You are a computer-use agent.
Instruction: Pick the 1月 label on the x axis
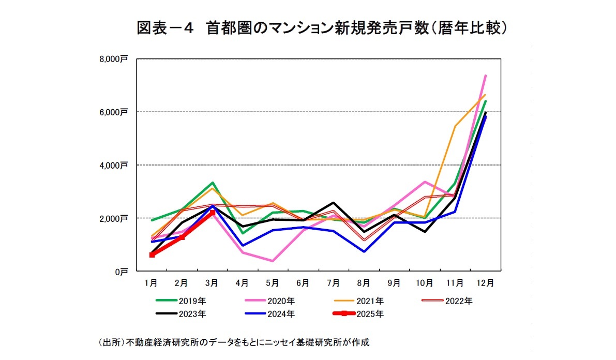(151, 282)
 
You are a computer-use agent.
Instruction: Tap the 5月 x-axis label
(273, 282)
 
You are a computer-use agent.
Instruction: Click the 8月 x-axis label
(364, 282)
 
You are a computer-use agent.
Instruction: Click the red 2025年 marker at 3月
(212, 213)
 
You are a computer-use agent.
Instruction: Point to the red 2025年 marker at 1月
(152, 255)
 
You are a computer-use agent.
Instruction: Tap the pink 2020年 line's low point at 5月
(273, 261)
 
